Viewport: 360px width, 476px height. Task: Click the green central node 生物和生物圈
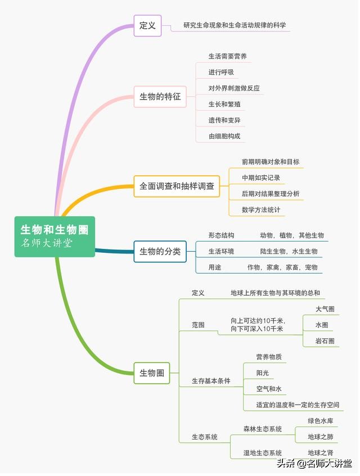pos(55,237)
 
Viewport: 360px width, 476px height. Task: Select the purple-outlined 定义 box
pos(147,25)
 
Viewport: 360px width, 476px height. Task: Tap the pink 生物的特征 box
pos(160,97)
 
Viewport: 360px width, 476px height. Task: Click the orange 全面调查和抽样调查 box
pos(177,186)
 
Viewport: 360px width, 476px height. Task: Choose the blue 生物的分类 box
pos(160,251)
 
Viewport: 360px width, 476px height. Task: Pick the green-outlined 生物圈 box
pos(152,373)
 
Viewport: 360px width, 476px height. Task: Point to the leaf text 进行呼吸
pos(221,72)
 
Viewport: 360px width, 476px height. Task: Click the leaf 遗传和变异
pos(224,120)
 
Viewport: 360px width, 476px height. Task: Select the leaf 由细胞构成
pos(224,136)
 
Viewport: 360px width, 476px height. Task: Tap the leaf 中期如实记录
pos(261,178)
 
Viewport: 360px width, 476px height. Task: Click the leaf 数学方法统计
pos(261,210)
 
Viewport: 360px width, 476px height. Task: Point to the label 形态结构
pos(221,235)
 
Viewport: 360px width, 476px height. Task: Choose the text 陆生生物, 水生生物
pos(289,251)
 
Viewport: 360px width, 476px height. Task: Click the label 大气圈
pos(325,309)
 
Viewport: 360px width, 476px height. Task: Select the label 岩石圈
pos(325,341)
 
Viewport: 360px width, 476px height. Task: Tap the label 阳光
pos(263,373)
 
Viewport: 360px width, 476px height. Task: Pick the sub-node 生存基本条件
pos(211,380)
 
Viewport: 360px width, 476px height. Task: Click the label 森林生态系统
pos(263,429)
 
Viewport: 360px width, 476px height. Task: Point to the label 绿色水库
pos(321,421)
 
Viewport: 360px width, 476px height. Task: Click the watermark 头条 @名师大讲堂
pos(314,463)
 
